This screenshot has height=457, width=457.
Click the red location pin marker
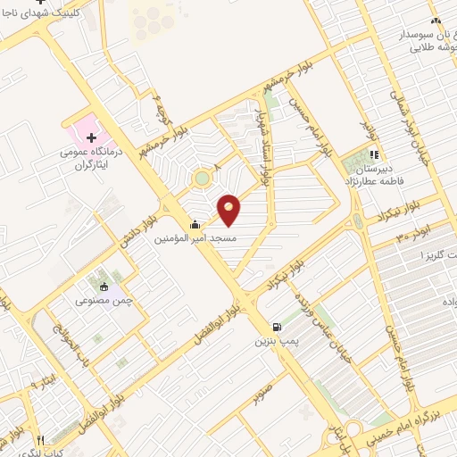pyautogui.click(x=229, y=210)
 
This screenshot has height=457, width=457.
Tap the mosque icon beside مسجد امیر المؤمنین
pyautogui.click(x=195, y=225)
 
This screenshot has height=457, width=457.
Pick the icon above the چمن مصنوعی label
pyautogui.click(x=104, y=287)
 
